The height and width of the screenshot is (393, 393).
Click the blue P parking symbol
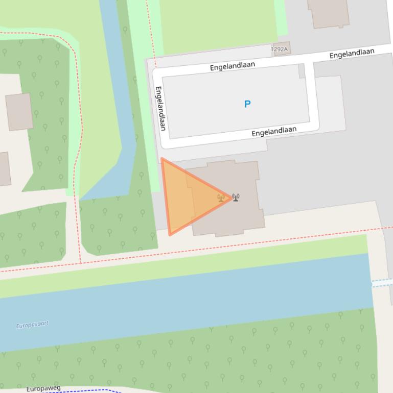click(247, 104)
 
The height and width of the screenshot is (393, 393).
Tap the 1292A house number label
click(280, 50)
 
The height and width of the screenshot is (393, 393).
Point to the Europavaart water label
click(32, 325)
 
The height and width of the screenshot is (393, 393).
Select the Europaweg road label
click(43, 389)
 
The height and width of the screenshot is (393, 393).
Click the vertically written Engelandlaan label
click(160, 108)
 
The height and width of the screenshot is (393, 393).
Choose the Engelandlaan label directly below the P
click(274, 132)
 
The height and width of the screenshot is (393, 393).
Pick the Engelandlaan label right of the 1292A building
click(352, 53)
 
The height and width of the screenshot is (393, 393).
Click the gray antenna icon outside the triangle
click(236, 198)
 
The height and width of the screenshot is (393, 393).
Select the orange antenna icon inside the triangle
click(221, 198)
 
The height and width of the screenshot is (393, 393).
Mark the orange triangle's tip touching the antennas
click(231, 198)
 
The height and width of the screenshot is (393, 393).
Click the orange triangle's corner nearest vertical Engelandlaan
click(162, 159)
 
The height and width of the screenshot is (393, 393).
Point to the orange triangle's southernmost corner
click(170, 235)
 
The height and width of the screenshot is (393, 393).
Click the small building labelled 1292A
click(281, 49)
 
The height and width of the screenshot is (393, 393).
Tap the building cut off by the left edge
click(4, 169)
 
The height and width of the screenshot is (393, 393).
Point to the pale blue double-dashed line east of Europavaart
click(382, 283)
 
